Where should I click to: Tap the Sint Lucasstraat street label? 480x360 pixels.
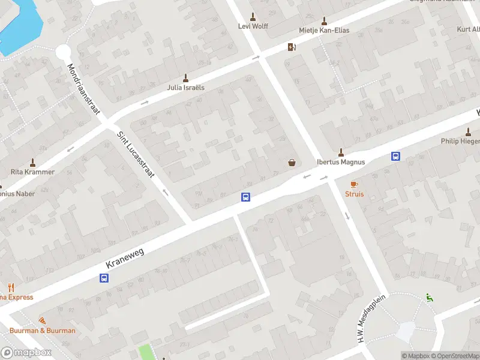[x=136, y=155]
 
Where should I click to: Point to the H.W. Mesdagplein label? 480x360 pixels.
[x=372, y=318]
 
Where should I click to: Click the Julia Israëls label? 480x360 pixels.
[x=185, y=87]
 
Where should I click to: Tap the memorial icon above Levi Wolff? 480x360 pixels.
[x=253, y=16]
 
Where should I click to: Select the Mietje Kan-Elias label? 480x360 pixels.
[x=324, y=30]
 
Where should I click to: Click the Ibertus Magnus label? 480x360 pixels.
[x=341, y=161]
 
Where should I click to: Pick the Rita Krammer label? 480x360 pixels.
[x=32, y=172]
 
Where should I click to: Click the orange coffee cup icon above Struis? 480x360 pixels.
[x=353, y=184]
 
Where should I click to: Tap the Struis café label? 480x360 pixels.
[x=353, y=194]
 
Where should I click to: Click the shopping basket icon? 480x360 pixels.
[x=292, y=162]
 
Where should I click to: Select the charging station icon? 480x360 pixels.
[x=292, y=47]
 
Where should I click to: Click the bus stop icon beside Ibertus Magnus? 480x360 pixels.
[x=396, y=157]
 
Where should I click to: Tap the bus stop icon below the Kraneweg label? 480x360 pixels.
[x=104, y=278]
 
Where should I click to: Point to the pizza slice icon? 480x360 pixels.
[x=42, y=321]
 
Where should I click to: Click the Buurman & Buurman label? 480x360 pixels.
[x=42, y=331]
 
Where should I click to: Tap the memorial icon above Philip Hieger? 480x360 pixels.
[x=468, y=132]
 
